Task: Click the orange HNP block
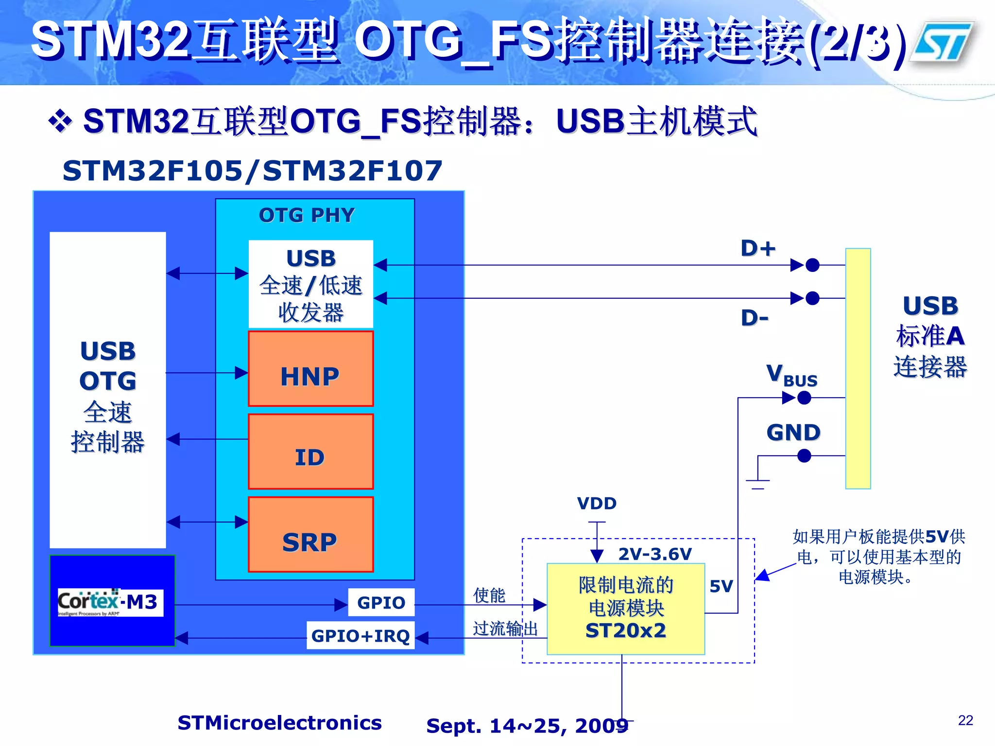(310, 369)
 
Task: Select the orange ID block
(310, 452)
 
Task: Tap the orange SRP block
(310, 535)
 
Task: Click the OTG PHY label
(307, 215)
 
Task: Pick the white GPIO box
(381, 603)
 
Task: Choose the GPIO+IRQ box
(360, 635)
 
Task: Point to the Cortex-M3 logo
(110, 602)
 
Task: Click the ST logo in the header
(941, 43)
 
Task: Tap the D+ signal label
(757, 248)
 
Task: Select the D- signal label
(755, 318)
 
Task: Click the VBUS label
(791, 376)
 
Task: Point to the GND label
(793, 432)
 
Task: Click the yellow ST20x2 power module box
(626, 609)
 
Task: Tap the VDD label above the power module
(597, 504)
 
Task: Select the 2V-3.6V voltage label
(655, 554)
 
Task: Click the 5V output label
(721, 586)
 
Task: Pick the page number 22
(965, 720)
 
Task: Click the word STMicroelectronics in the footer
(279, 723)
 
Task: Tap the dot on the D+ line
(812, 265)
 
